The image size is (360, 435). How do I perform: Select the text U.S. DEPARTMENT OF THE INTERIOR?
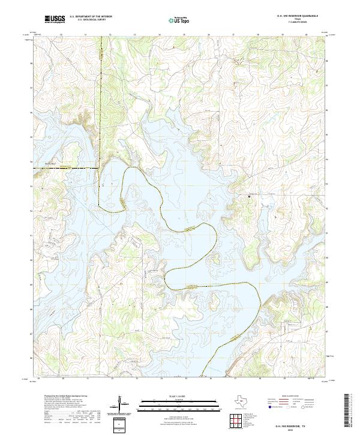click(x=91, y=16)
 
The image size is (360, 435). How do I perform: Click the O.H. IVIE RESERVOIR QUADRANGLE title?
click(x=295, y=16)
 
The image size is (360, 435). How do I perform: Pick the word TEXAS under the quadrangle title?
click(x=296, y=20)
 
